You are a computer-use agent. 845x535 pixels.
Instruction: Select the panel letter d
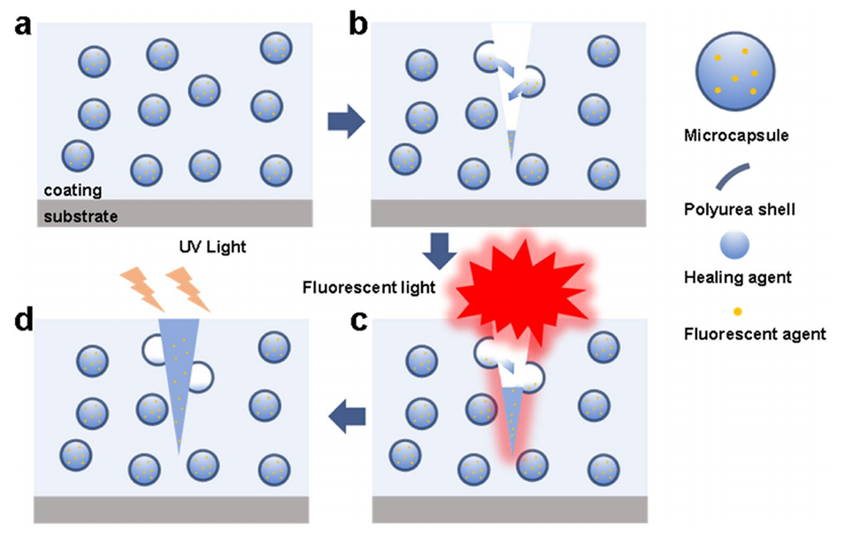pos(22,321)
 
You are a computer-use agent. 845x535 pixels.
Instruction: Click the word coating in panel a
pos(73,190)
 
